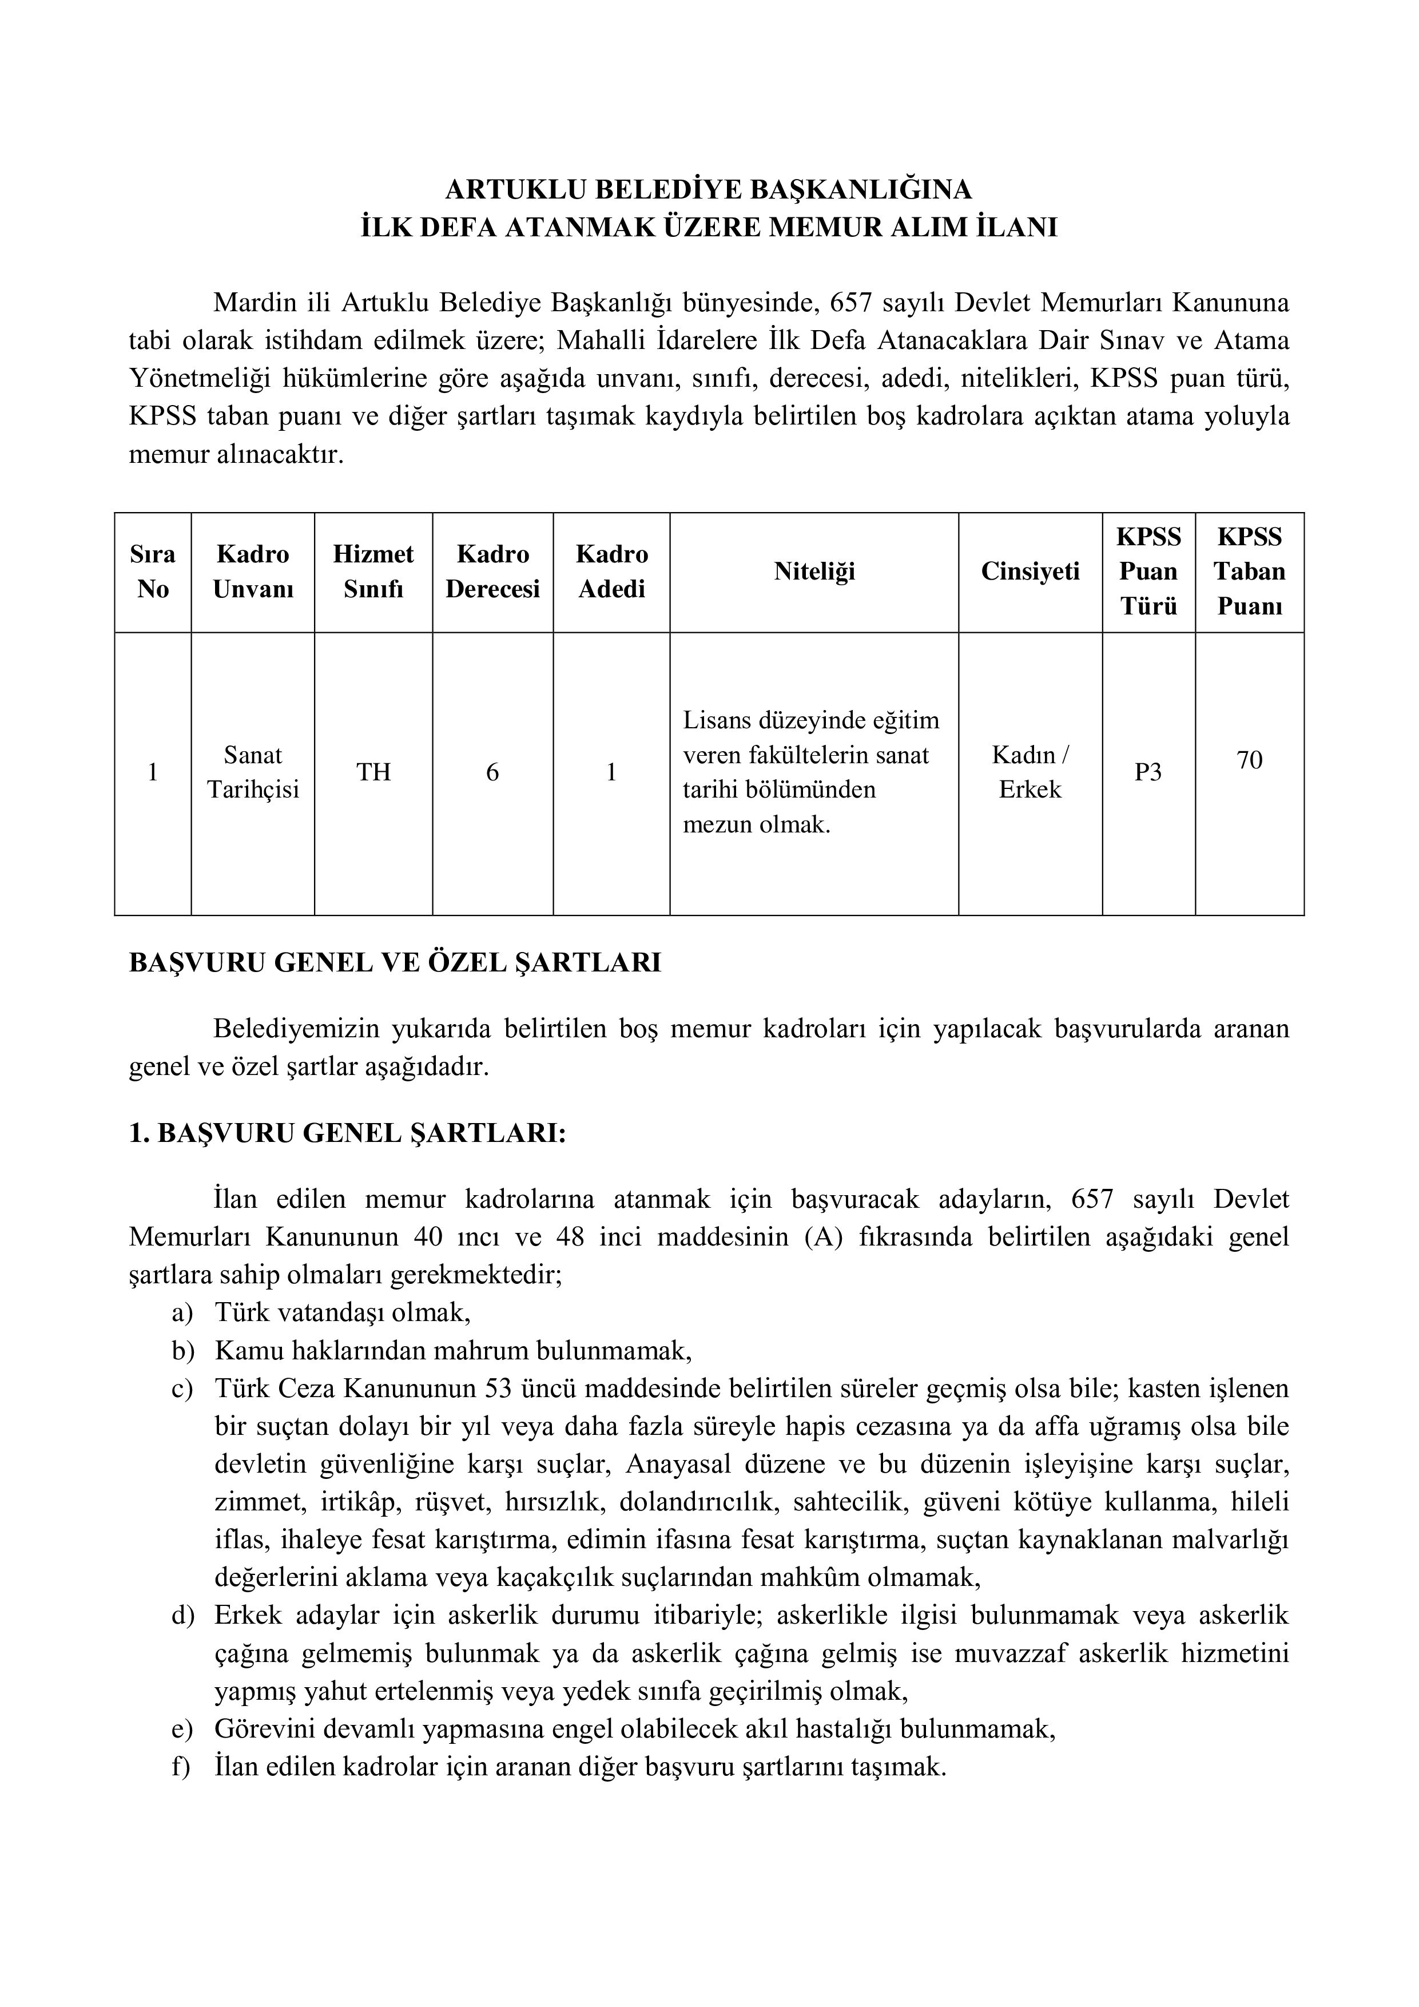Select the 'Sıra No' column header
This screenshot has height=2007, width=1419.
(153, 572)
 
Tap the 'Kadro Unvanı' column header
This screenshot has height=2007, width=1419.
(253, 572)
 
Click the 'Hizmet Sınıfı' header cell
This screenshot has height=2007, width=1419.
(373, 572)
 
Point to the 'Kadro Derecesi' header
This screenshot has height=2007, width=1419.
(493, 572)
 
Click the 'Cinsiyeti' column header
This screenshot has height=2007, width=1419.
(1030, 572)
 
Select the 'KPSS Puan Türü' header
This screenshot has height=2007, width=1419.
(1148, 572)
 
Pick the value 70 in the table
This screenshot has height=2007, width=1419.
(1250, 760)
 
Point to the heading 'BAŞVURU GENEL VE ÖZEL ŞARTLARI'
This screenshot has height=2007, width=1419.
(395, 963)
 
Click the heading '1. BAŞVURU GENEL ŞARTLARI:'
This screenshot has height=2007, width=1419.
(348, 1134)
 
